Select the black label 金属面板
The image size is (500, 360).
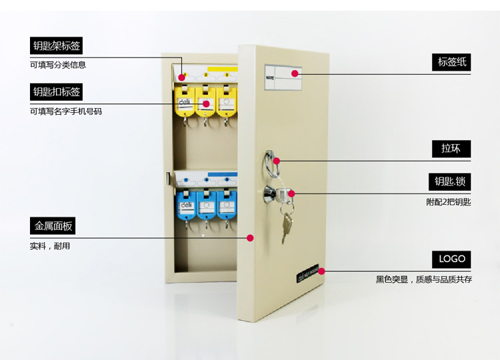pyautogui.click(x=52, y=226)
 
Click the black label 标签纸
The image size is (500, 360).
pyautogui.click(x=451, y=63)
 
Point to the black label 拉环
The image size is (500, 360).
pyautogui.click(x=451, y=149)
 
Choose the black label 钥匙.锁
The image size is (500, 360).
pyautogui.click(x=451, y=182)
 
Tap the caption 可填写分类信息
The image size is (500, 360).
pyautogui.click(x=58, y=65)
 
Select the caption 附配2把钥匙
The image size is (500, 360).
pyautogui.click(x=449, y=201)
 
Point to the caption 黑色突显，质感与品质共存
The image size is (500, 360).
pyautogui.click(x=424, y=279)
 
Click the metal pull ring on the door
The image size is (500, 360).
pyautogui.click(x=272, y=161)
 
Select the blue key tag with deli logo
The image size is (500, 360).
pyautogui.click(x=184, y=203)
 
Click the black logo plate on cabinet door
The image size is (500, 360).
pyautogui.click(x=307, y=272)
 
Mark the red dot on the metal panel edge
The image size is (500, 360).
pyautogui.click(x=250, y=237)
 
